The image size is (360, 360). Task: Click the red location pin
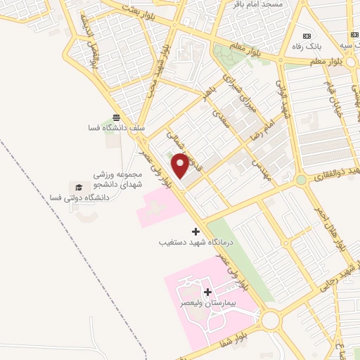point(181,165)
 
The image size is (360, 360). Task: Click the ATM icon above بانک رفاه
point(306,36)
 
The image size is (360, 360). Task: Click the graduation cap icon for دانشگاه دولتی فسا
point(79,186)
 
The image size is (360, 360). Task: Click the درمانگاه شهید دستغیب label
point(195,242)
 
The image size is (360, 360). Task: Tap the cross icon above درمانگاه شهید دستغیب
point(195,231)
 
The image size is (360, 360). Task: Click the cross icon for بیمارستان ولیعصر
point(207,292)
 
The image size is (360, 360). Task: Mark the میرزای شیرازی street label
point(236,95)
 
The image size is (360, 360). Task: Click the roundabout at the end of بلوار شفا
point(271,321)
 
